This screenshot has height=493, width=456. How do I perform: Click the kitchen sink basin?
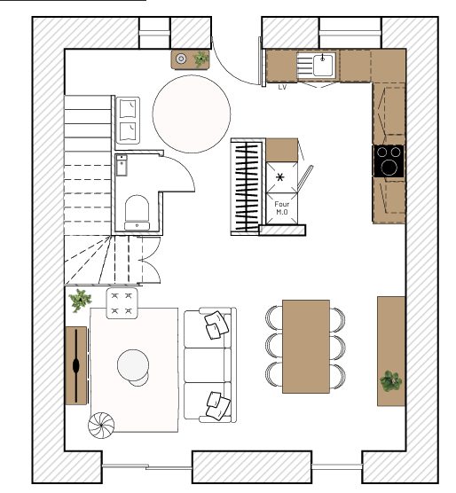pyautogui.click(x=322, y=64)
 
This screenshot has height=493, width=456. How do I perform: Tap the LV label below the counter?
pyautogui.click(x=282, y=87)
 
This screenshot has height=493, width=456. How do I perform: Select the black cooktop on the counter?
pyautogui.click(x=389, y=161)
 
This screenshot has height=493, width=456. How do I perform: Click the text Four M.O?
pyautogui.click(x=282, y=208)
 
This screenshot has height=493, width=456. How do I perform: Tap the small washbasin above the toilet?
pyautogui.click(x=122, y=164)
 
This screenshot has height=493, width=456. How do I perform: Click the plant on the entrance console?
pyautogui.click(x=201, y=59)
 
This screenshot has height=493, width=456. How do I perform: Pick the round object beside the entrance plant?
pyautogui.click(x=181, y=59)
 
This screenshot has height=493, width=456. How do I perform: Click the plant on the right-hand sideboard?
pyautogui.click(x=390, y=381)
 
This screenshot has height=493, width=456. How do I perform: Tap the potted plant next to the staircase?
pyautogui.click(x=81, y=300)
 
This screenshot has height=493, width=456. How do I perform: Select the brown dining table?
pyautogui.click(x=306, y=346)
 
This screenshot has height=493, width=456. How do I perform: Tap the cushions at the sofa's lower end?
pyautogui.click(x=215, y=404)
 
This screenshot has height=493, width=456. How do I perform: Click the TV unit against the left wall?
pyautogui.click(x=76, y=364)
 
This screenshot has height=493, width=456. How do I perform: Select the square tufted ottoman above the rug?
pyautogui.click(x=122, y=302)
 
